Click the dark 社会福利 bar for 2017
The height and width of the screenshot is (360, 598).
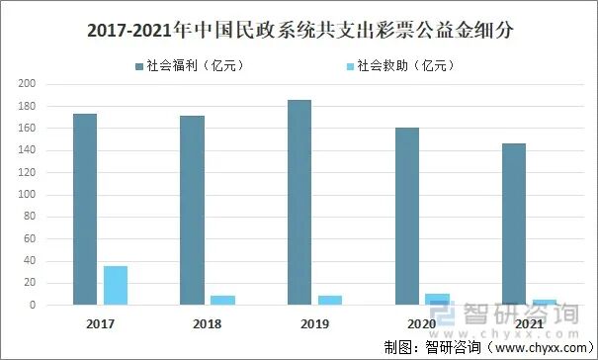[x=85, y=209]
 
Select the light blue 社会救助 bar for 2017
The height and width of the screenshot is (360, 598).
[x=116, y=285]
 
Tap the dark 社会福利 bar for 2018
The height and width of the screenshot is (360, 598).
[x=193, y=210]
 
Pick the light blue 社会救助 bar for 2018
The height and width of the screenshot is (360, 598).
[x=222, y=300]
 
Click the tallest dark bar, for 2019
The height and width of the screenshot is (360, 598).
[x=299, y=202]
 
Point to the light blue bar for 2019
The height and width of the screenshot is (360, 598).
[x=329, y=300]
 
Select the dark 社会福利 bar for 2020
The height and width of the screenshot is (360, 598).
[x=406, y=216]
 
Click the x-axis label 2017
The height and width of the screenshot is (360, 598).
[x=101, y=323]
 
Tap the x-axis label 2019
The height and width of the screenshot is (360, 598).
[x=314, y=323]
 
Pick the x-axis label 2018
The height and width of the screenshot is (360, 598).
[x=208, y=323]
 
